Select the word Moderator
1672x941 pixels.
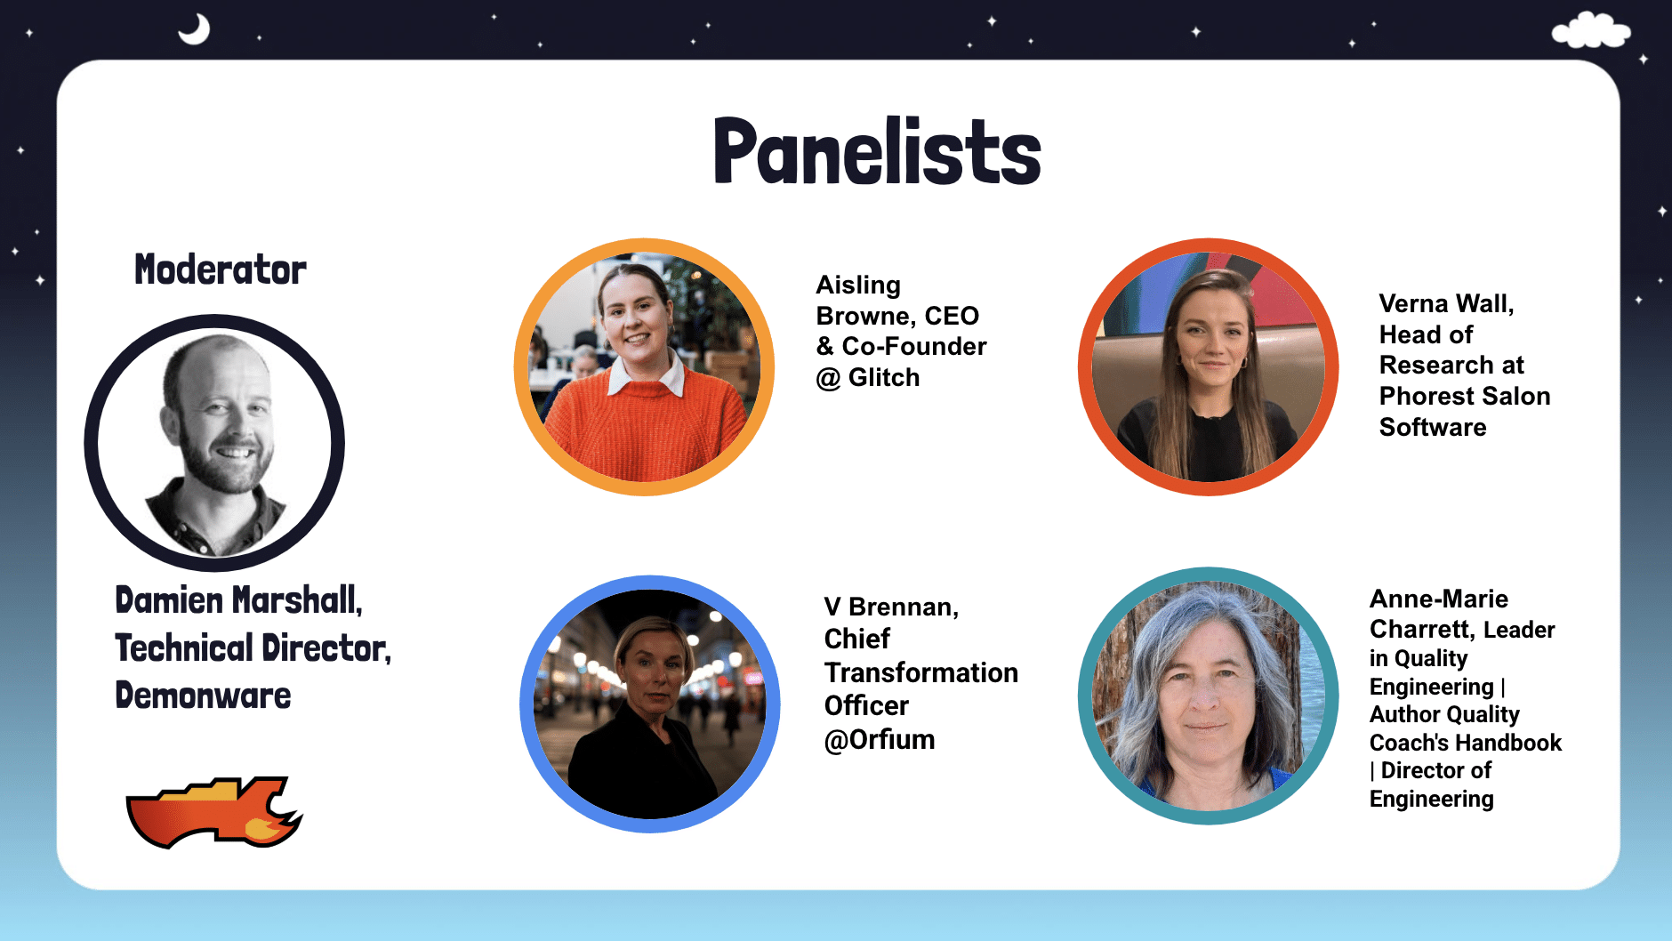221,269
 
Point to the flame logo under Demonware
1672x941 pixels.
214,812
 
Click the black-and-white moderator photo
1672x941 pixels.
214,443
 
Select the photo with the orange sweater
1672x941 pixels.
645,367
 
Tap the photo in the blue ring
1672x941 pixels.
650,704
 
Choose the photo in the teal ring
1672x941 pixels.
1208,696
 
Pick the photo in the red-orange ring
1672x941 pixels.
1208,367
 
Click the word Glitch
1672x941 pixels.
884,378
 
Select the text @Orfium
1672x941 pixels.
880,740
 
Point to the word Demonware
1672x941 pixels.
203,696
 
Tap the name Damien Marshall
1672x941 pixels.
239,600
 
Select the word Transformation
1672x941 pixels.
921,673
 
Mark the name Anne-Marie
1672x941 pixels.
1439,599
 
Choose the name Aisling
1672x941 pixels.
858,286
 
